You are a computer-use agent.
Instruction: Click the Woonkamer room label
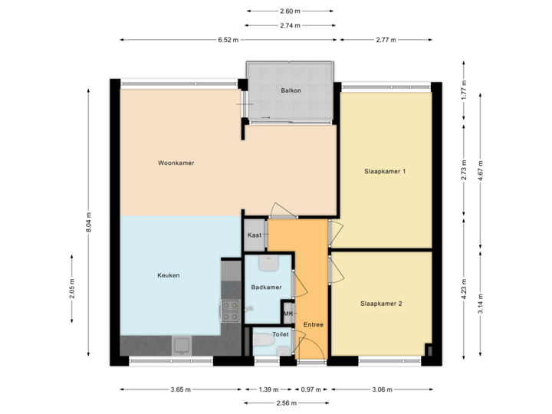[x=175, y=163]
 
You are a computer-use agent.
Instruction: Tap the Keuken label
[x=169, y=276]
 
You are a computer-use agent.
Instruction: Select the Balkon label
[x=291, y=90]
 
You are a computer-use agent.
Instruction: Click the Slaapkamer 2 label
[x=381, y=304]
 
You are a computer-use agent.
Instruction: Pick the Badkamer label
[x=266, y=287]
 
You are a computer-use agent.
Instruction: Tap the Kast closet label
[x=255, y=235]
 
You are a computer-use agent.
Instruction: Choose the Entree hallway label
[x=313, y=325]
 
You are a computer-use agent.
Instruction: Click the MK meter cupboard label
[x=288, y=314]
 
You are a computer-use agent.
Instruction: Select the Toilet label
[x=280, y=335]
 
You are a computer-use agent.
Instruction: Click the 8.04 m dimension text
[x=89, y=222]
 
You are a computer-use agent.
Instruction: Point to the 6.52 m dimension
[x=228, y=40]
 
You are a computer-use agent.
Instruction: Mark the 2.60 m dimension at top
[x=291, y=11]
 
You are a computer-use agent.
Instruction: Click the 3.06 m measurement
[x=383, y=389]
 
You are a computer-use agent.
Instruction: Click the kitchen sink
[x=182, y=345]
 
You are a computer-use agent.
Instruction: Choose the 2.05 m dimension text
[x=73, y=289]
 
